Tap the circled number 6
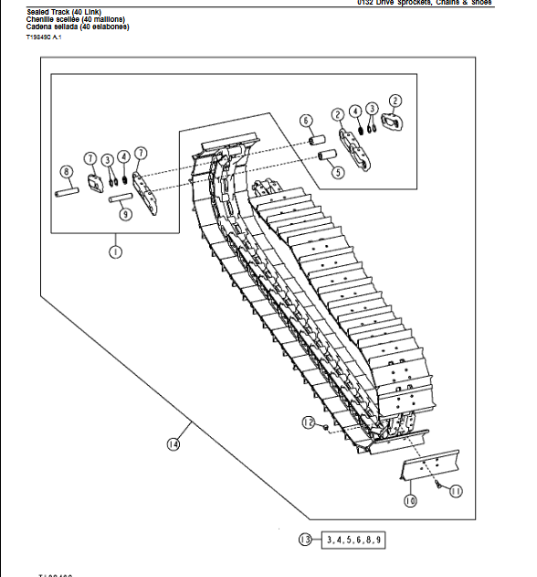tap(306, 120)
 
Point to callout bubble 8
tap(66, 171)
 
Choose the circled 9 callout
tap(125, 214)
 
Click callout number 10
tap(410, 500)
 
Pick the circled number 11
tap(456, 491)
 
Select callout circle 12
tap(309, 422)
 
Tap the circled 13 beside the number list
tap(305, 540)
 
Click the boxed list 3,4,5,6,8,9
tap(354, 540)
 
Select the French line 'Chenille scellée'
tap(77, 19)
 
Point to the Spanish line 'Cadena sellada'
tap(78, 27)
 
